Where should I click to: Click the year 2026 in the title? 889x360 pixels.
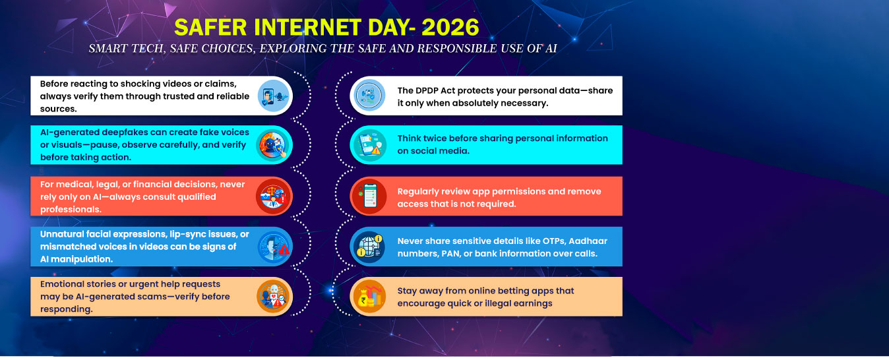click(x=450, y=28)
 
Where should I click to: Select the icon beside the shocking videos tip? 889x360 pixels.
click(x=273, y=96)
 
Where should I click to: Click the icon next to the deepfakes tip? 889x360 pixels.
click(x=273, y=145)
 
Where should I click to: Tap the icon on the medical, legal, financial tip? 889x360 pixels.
click(x=273, y=196)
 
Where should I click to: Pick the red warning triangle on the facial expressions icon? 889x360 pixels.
click(x=284, y=250)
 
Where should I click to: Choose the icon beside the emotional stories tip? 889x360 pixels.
click(x=273, y=297)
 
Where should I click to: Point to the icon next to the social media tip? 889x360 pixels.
click(x=369, y=145)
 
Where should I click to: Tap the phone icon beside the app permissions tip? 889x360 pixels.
click(x=369, y=196)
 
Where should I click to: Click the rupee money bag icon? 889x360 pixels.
click(x=369, y=297)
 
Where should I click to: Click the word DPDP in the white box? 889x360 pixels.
click(x=428, y=90)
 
